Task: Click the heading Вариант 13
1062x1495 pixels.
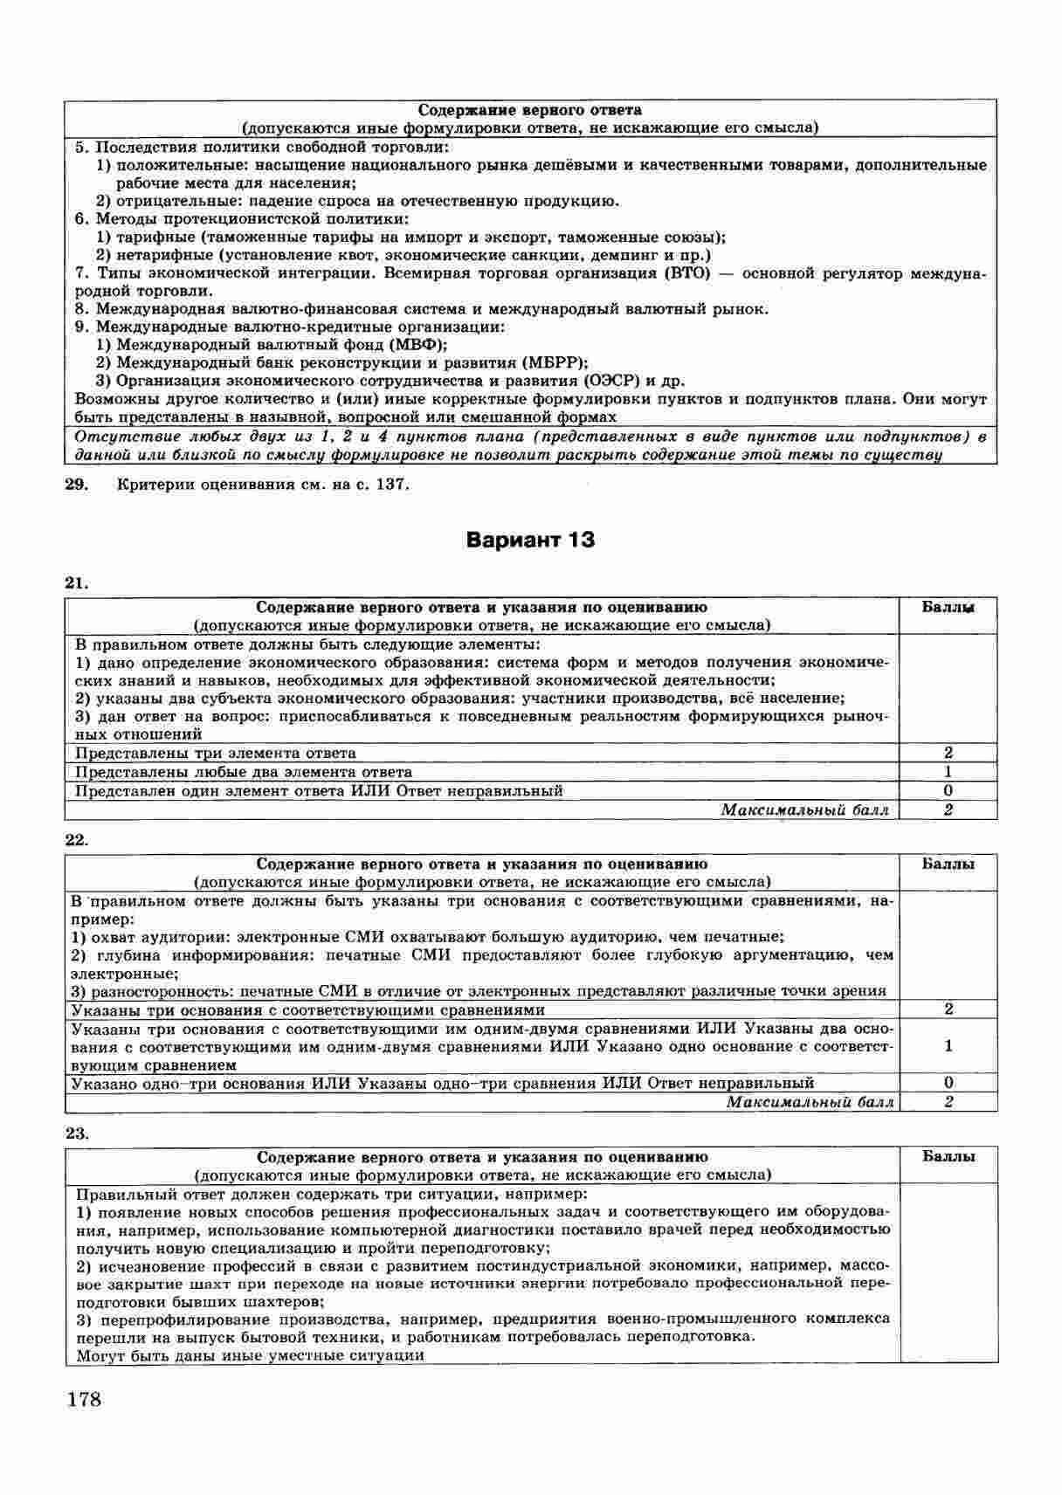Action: pyautogui.click(x=530, y=540)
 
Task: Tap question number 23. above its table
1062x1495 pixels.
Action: pyautogui.click(x=77, y=1133)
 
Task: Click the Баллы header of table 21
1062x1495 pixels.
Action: pyautogui.click(x=948, y=607)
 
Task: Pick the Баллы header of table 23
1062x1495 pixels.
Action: pyautogui.click(x=948, y=1156)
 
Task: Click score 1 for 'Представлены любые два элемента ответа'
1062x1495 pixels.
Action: pyautogui.click(x=948, y=772)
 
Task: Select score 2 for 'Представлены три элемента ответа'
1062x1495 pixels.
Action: pyautogui.click(x=948, y=753)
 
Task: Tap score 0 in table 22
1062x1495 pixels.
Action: pyautogui.click(x=948, y=1083)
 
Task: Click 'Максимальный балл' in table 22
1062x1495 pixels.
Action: pyautogui.click(x=810, y=1102)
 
